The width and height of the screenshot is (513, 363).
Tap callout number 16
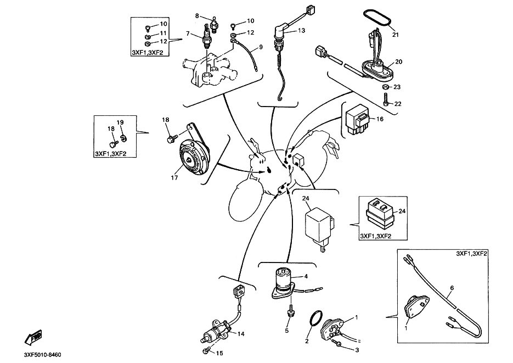[380, 119]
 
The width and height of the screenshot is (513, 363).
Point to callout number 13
[302, 31]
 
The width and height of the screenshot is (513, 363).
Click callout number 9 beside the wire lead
[261, 47]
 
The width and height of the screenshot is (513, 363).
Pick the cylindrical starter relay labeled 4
[285, 279]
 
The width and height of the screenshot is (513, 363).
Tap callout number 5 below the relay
[286, 331]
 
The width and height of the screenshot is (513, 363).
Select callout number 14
[240, 334]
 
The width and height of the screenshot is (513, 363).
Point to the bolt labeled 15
[206, 350]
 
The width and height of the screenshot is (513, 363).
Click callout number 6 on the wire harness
[452, 288]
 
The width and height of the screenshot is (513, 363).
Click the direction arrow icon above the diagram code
[34, 335]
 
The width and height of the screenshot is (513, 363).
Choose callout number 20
[399, 62]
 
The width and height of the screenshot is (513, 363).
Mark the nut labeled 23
[386, 87]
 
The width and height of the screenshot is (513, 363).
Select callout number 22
[398, 104]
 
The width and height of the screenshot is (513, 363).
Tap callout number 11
[163, 33]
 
